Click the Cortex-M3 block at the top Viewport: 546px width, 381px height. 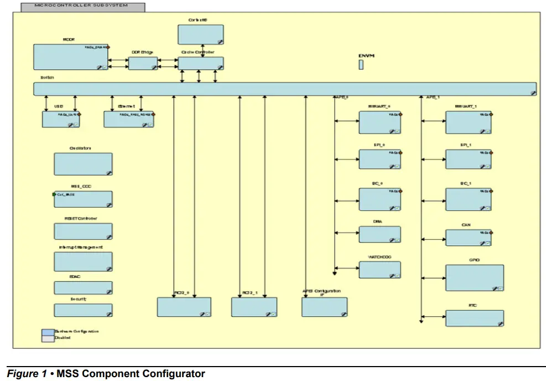[x=200, y=34]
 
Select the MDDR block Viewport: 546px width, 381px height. [x=71, y=57]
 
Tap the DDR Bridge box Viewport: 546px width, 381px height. [x=143, y=63]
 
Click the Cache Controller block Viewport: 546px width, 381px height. [x=200, y=63]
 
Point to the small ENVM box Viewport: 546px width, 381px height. [x=361, y=65]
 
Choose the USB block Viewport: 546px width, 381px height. [x=61, y=119]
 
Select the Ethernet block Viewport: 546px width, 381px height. [x=129, y=119]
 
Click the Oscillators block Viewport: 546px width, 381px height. [x=83, y=164]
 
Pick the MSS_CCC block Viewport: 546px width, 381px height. [x=83, y=199]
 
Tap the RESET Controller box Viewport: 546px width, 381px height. [x=83, y=231]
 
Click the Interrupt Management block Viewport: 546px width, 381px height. [x=83, y=261]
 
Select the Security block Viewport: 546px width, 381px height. [x=83, y=310]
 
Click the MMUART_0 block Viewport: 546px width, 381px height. [x=379, y=122]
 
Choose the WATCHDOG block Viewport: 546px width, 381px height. [x=379, y=270]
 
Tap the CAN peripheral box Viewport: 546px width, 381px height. [x=468, y=238]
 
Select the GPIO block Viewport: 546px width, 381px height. [x=475, y=277]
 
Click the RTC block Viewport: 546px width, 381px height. [x=475, y=318]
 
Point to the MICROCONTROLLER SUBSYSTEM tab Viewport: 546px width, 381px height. [x=82, y=7]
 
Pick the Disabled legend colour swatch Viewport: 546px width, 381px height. [x=48, y=338]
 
